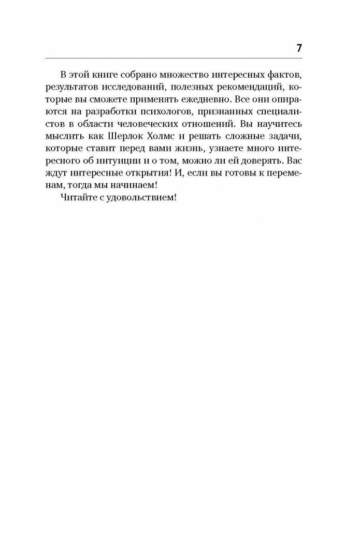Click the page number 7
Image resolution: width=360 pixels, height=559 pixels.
pyautogui.click(x=299, y=48)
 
